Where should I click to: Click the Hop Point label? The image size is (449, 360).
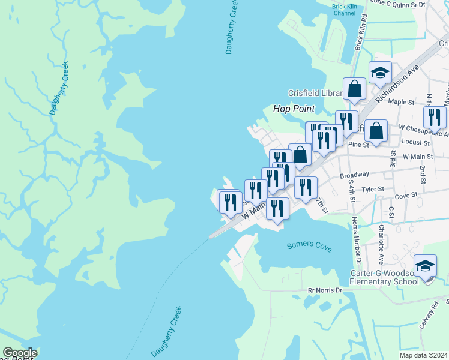click(294, 109)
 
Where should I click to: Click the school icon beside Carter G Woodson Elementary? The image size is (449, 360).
click(426, 265)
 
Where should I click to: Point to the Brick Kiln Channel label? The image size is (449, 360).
click(343, 10)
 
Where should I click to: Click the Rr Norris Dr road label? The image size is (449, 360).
click(325, 290)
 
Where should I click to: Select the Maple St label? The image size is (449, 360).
click(397, 101)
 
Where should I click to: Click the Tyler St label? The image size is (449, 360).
click(372, 189)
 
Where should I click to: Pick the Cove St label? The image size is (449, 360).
click(406, 196)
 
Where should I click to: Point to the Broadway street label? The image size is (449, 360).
click(354, 175)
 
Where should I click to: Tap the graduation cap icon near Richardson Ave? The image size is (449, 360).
click(379, 73)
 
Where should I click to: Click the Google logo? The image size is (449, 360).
click(20, 353)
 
